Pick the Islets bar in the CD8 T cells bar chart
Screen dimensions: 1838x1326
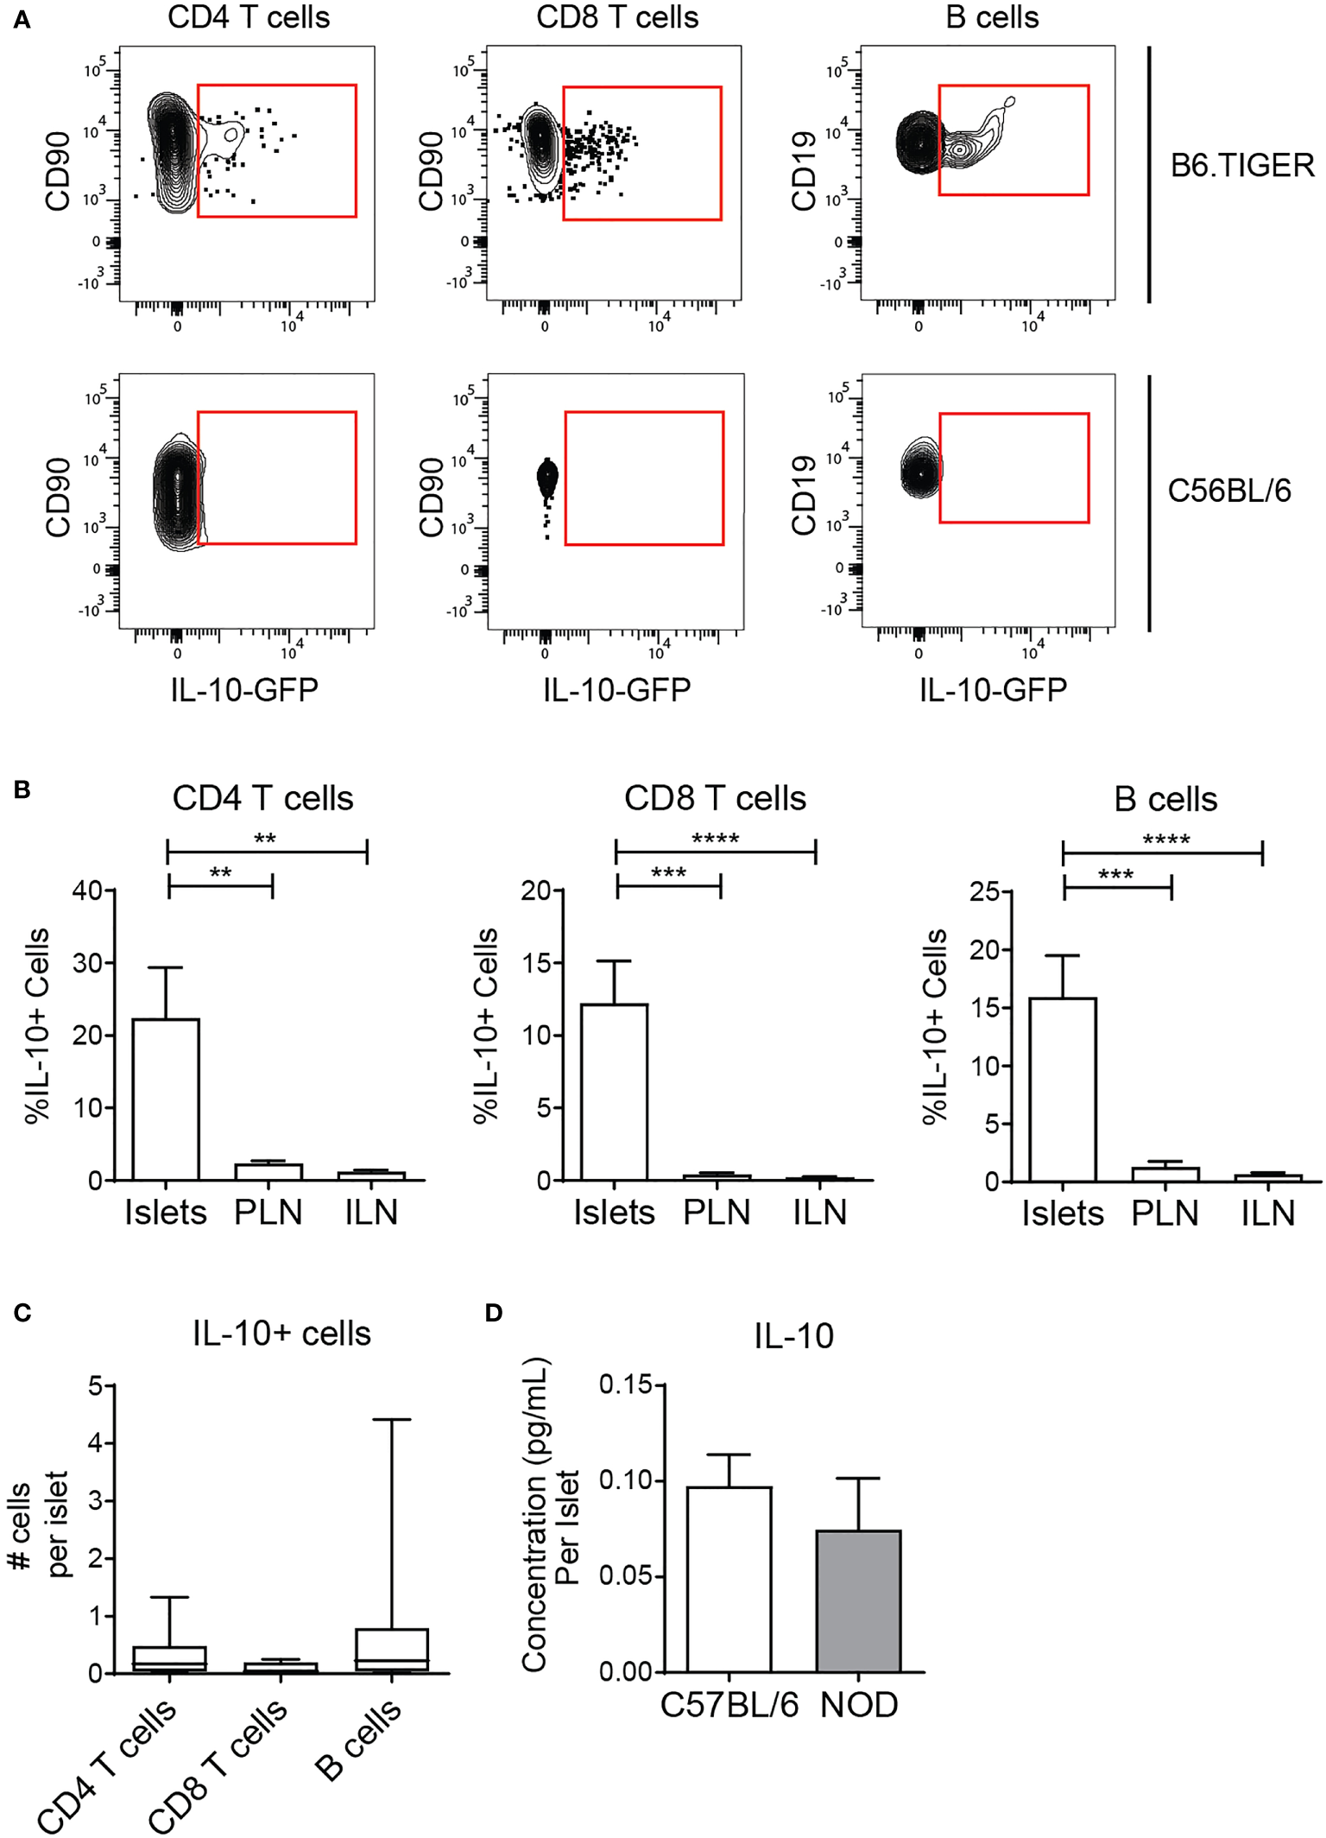coord(614,1092)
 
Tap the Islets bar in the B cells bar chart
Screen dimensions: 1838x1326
coord(1063,1089)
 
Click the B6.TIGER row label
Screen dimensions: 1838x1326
coord(1241,165)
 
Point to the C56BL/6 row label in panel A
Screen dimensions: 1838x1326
coord(1228,491)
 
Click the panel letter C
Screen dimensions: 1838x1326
coord(22,1313)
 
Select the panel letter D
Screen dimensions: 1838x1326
coord(493,1313)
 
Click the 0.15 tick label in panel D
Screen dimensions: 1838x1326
coord(626,1385)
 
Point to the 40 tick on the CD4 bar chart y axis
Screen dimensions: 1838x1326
coord(88,890)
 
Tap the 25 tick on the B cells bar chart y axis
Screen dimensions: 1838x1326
coord(984,891)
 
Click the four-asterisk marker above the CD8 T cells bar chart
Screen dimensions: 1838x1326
coord(715,839)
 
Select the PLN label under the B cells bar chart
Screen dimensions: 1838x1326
coord(1165,1214)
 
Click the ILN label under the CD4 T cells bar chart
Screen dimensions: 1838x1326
coord(371,1213)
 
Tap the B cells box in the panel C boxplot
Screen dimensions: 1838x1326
coord(392,1650)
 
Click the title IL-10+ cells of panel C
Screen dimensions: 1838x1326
coord(281,1334)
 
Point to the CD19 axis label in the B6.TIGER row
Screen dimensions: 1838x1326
coord(803,171)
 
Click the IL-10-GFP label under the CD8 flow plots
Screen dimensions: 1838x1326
coord(616,689)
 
